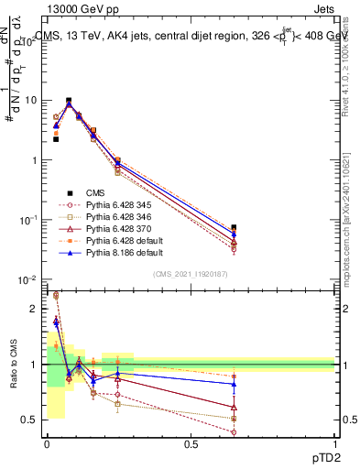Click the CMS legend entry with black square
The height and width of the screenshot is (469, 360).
(96, 192)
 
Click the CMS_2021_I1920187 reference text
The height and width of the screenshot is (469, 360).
(190, 274)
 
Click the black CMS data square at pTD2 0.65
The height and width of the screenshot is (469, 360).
(234, 227)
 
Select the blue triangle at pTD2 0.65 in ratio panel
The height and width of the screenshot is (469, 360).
(234, 384)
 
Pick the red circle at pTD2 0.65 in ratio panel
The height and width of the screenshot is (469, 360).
(234, 431)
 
